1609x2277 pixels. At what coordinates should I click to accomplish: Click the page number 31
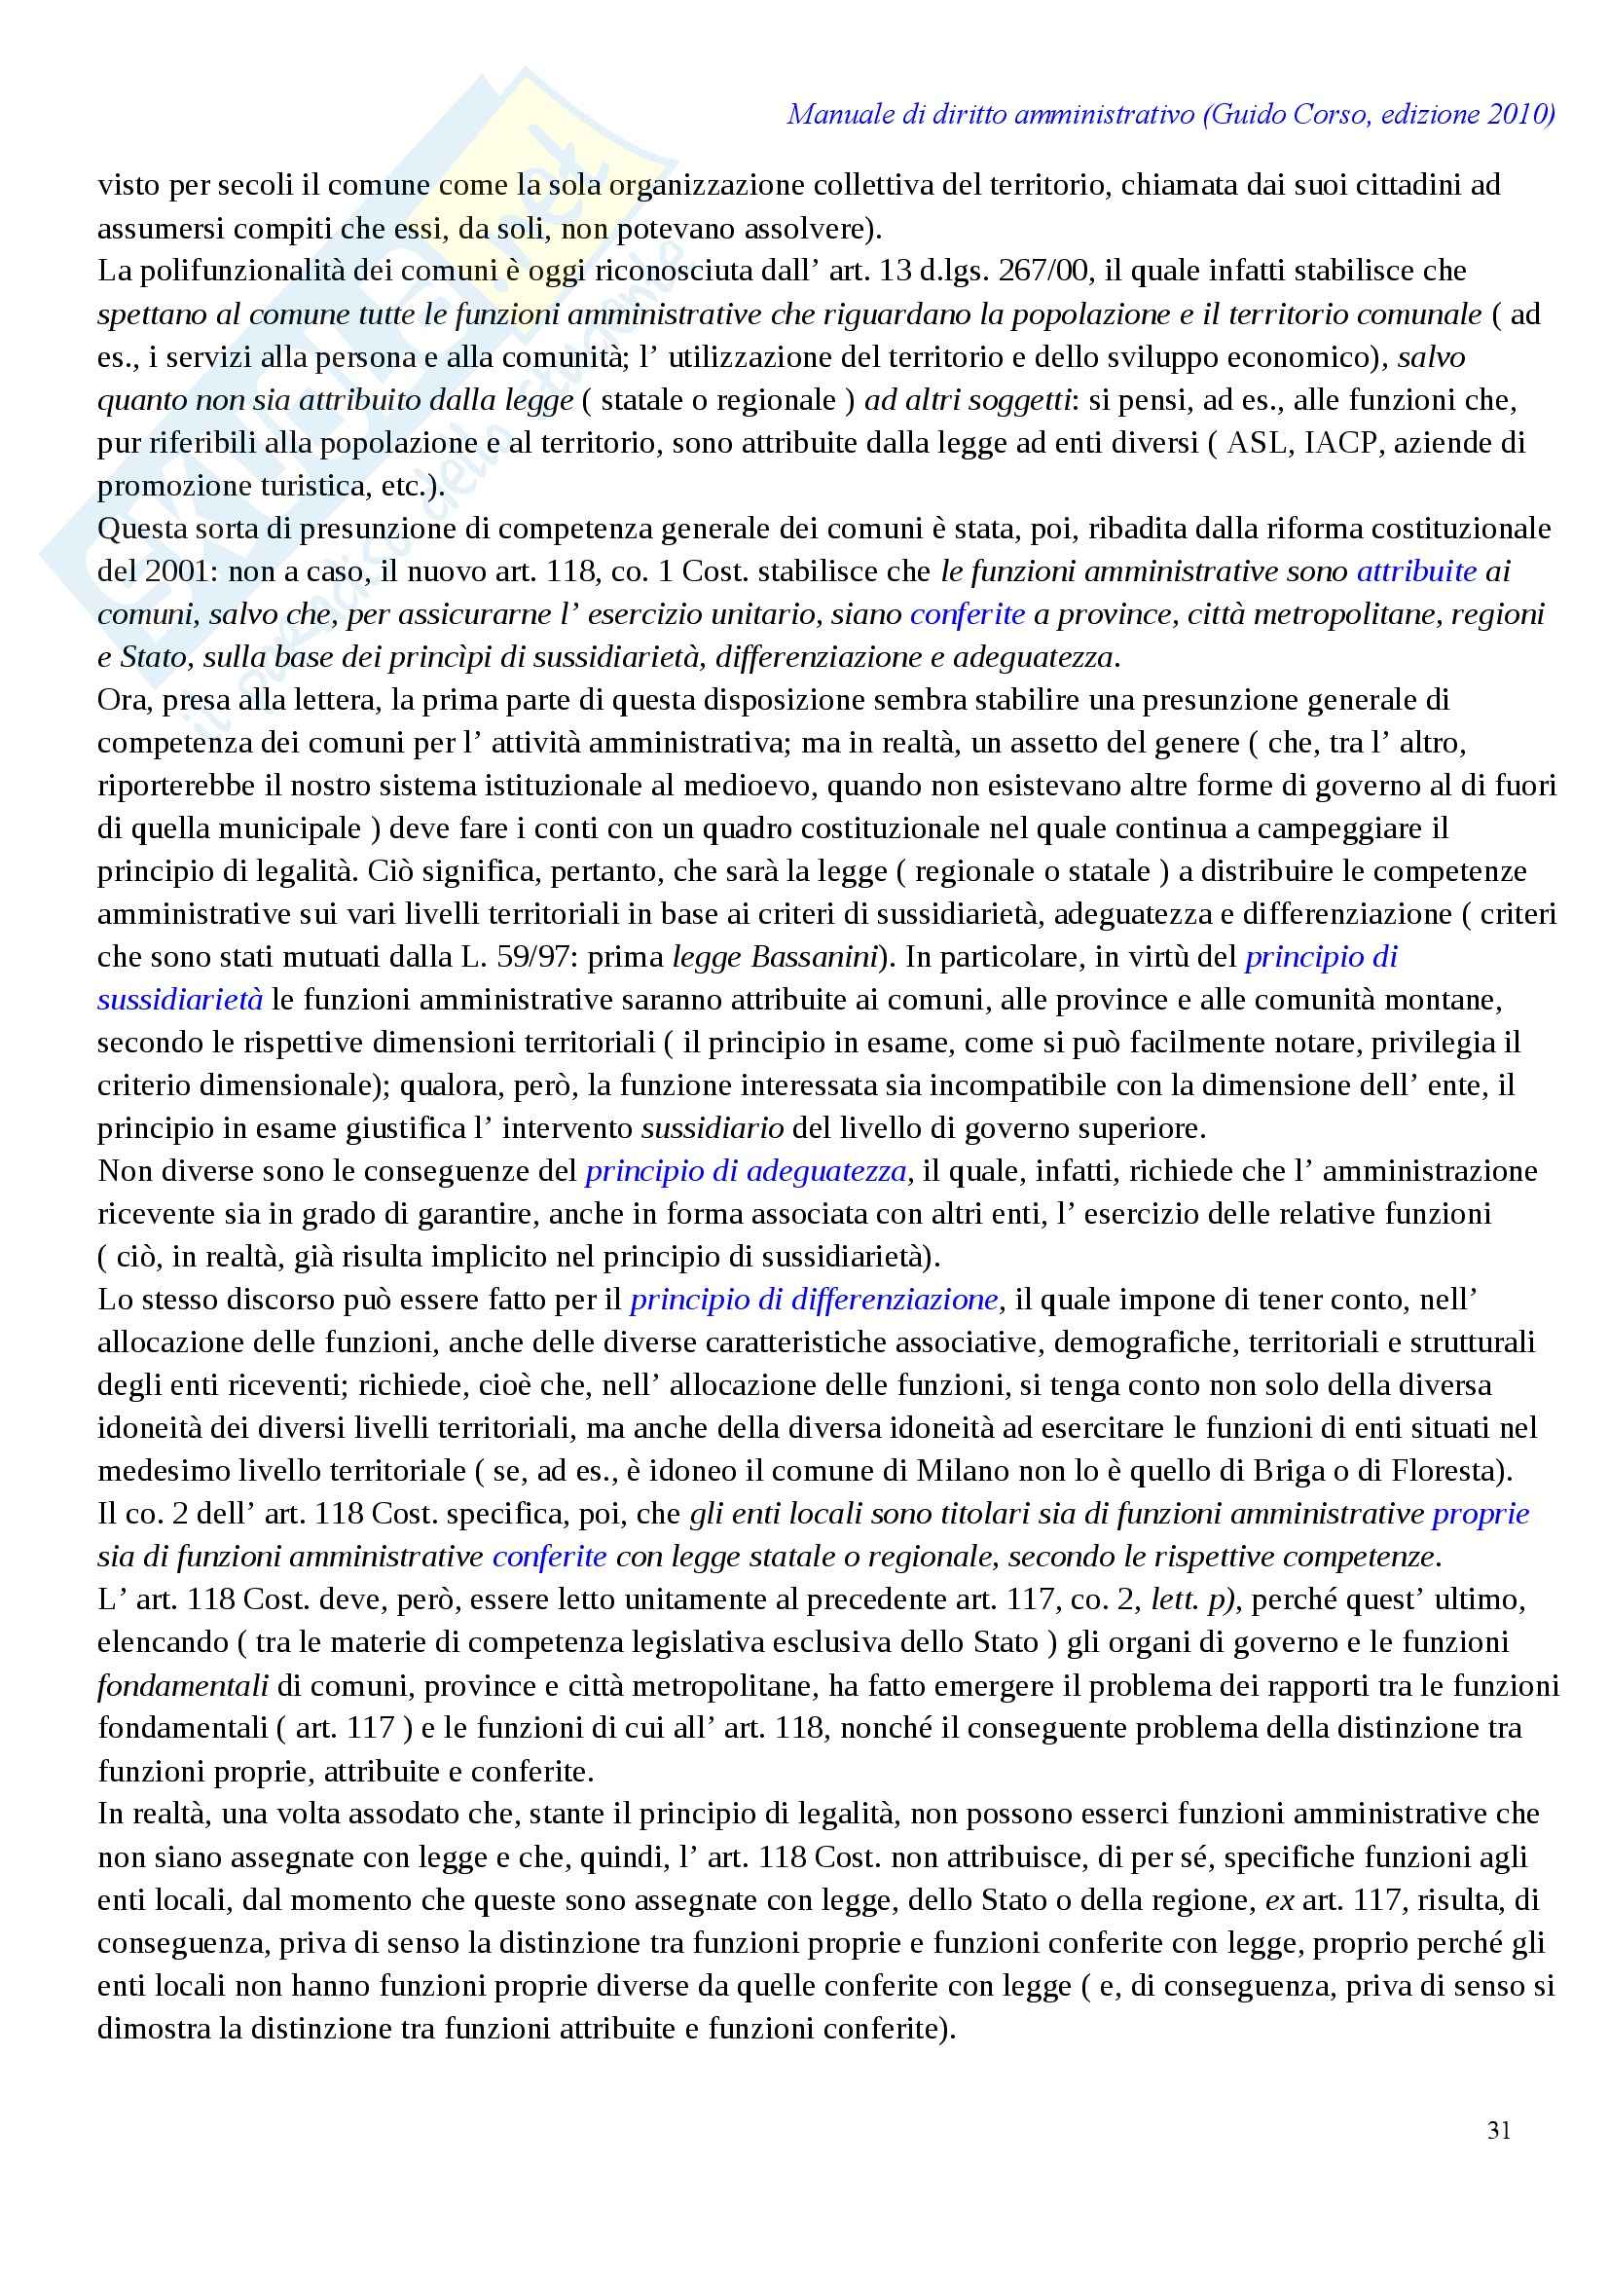tap(1498, 2130)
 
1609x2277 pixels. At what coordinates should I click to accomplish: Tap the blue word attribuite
tap(1415, 571)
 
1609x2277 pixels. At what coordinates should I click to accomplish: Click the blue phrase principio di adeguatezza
tap(746, 1171)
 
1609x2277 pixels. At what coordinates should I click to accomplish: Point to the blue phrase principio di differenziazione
tap(814, 1300)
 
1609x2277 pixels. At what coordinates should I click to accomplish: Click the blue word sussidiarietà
tap(180, 1000)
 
